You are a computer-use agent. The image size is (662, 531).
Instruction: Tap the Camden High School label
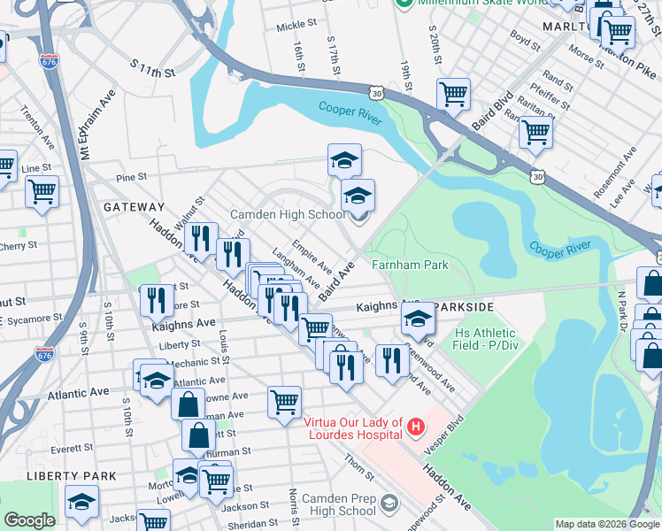pyautogui.click(x=288, y=215)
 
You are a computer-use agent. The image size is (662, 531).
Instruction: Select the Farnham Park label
pyautogui.click(x=410, y=265)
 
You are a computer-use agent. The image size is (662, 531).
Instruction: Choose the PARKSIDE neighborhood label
pyautogui.click(x=458, y=307)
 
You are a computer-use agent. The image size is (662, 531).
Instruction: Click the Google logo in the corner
pyautogui.click(x=29, y=520)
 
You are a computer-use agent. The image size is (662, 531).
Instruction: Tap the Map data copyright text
pyautogui.click(x=606, y=524)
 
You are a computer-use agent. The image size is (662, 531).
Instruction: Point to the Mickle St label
pyautogui.click(x=296, y=27)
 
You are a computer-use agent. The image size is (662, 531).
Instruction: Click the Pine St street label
pyautogui.click(x=130, y=178)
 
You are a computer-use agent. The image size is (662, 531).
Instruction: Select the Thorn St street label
pyautogui.click(x=353, y=462)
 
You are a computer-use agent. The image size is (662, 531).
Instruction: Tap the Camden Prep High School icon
pyautogui.click(x=388, y=504)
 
